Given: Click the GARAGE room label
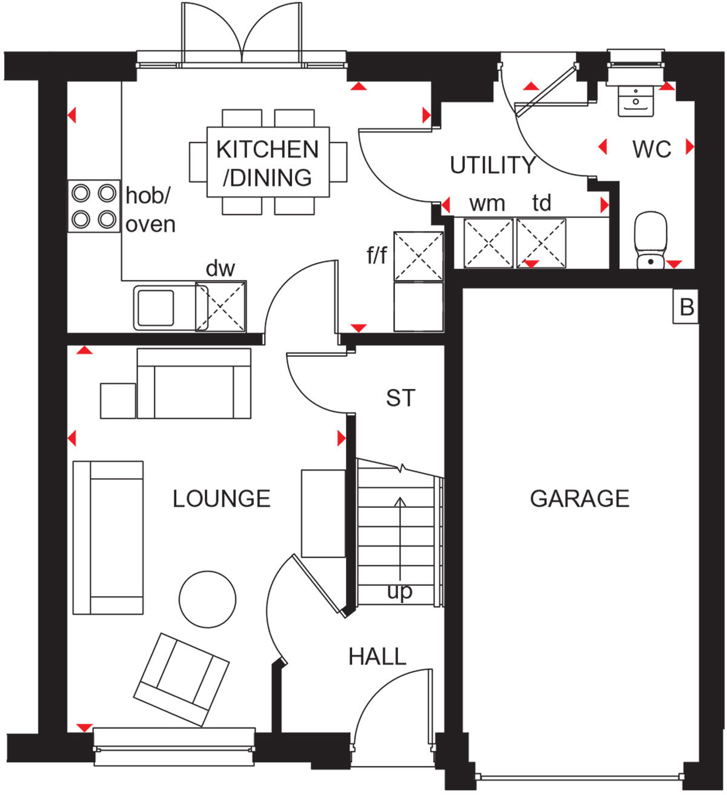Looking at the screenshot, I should pyautogui.click(x=579, y=499).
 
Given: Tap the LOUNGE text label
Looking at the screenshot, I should pyautogui.click(x=221, y=499).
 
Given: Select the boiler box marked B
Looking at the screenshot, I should pyautogui.click(x=686, y=307).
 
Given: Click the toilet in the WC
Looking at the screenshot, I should pyautogui.click(x=650, y=239).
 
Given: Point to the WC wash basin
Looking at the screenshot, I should pyautogui.click(x=635, y=100).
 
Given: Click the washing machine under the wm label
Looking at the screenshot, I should pyautogui.click(x=488, y=243).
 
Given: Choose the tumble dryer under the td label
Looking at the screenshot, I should pyautogui.click(x=541, y=243).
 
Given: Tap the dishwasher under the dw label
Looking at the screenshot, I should pyautogui.click(x=221, y=307).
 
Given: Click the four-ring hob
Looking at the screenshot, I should pyautogui.click(x=93, y=206).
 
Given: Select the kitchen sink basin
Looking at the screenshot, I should pyautogui.click(x=156, y=308).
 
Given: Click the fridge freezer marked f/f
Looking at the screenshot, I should pyautogui.click(x=418, y=256).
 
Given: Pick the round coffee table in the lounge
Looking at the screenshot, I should pyautogui.click(x=207, y=599).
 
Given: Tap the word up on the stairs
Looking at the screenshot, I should pyautogui.click(x=399, y=591).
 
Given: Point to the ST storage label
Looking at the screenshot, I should pyautogui.click(x=400, y=398).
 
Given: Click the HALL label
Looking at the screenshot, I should pyautogui.click(x=377, y=656).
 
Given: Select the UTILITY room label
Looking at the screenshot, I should pyautogui.click(x=493, y=165).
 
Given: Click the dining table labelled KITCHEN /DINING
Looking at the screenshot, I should pyautogui.click(x=268, y=162).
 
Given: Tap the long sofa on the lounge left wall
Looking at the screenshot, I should pyautogui.click(x=108, y=537).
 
